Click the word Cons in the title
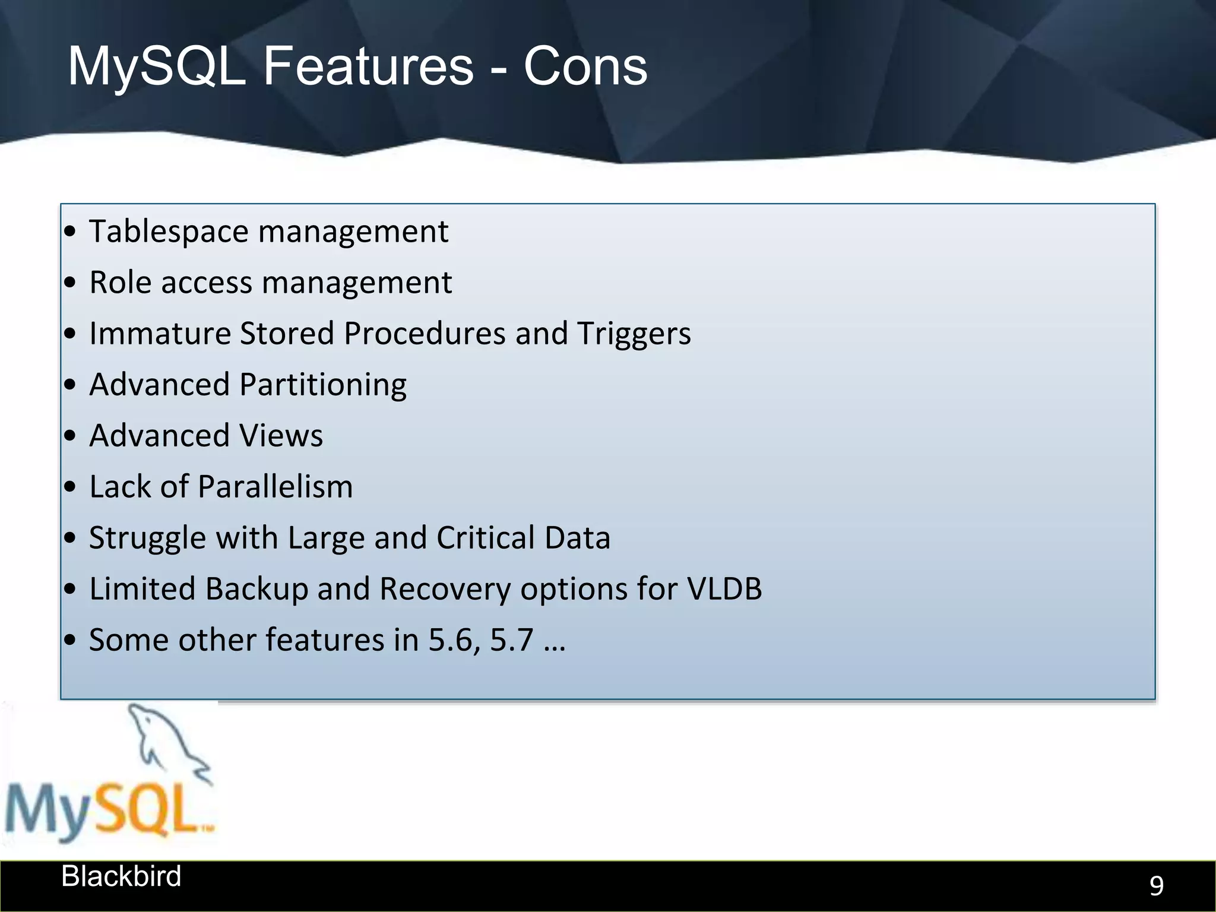pos(585,66)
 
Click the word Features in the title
pos(368,66)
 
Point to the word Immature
pos(160,334)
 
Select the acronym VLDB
pos(724,589)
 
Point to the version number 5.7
pos(511,641)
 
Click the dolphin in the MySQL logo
pos(166,742)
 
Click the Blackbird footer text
pos(121,876)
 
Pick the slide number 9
pos(1156,886)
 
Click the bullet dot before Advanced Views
pos(70,436)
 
